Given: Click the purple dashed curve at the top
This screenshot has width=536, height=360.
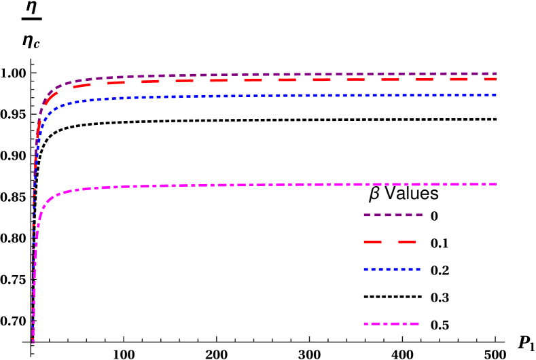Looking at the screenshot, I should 272,75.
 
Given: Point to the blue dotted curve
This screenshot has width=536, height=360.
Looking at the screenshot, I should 272,96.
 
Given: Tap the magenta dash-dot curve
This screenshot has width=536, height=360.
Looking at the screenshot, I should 272,185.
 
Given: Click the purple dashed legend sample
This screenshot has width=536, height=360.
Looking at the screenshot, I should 393,215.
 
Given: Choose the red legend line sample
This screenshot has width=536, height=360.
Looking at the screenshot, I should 389,242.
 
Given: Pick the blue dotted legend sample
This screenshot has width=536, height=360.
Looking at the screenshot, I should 392,269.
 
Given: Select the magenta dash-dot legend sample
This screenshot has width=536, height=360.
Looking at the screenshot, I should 391,324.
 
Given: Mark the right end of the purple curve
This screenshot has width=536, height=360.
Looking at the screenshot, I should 496,73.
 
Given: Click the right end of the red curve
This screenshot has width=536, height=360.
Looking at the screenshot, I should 496,79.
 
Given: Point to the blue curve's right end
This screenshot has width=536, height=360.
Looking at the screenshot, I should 496,94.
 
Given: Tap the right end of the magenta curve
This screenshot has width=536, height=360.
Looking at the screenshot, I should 496,184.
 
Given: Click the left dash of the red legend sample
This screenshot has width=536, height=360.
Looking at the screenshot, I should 372,242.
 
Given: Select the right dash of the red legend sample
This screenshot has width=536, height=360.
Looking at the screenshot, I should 407,242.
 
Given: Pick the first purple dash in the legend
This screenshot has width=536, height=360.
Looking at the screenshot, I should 367,215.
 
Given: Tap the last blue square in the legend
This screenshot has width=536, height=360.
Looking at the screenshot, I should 418,269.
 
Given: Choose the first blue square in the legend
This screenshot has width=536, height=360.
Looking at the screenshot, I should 365,269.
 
